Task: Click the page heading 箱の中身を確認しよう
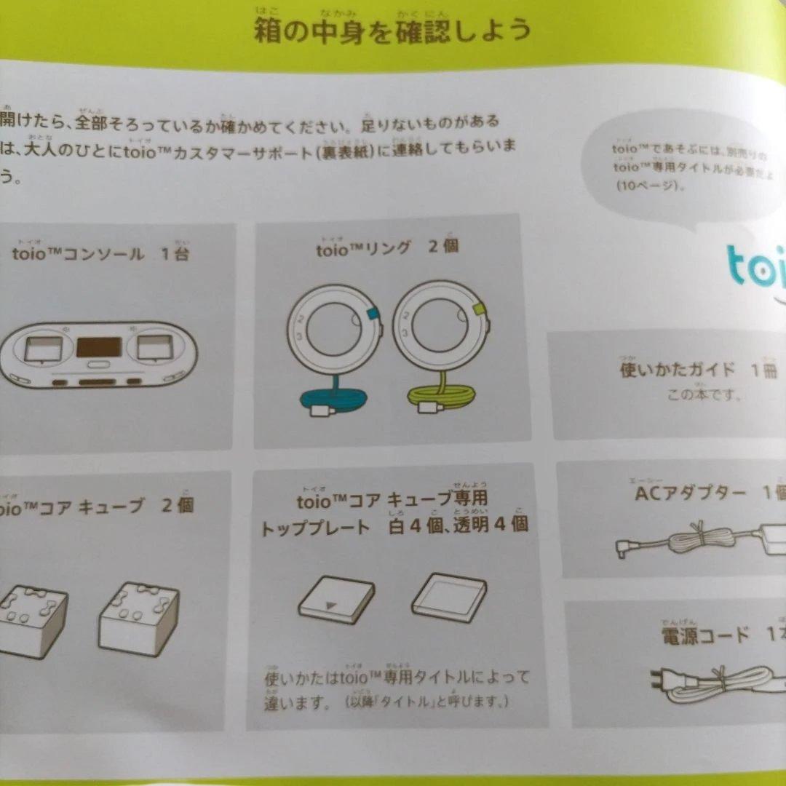click(x=392, y=31)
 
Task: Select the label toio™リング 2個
click(x=386, y=247)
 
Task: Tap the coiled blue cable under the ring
click(x=333, y=400)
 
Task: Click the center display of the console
click(x=99, y=346)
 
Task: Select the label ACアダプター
click(x=691, y=494)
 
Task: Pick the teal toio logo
click(x=757, y=266)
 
